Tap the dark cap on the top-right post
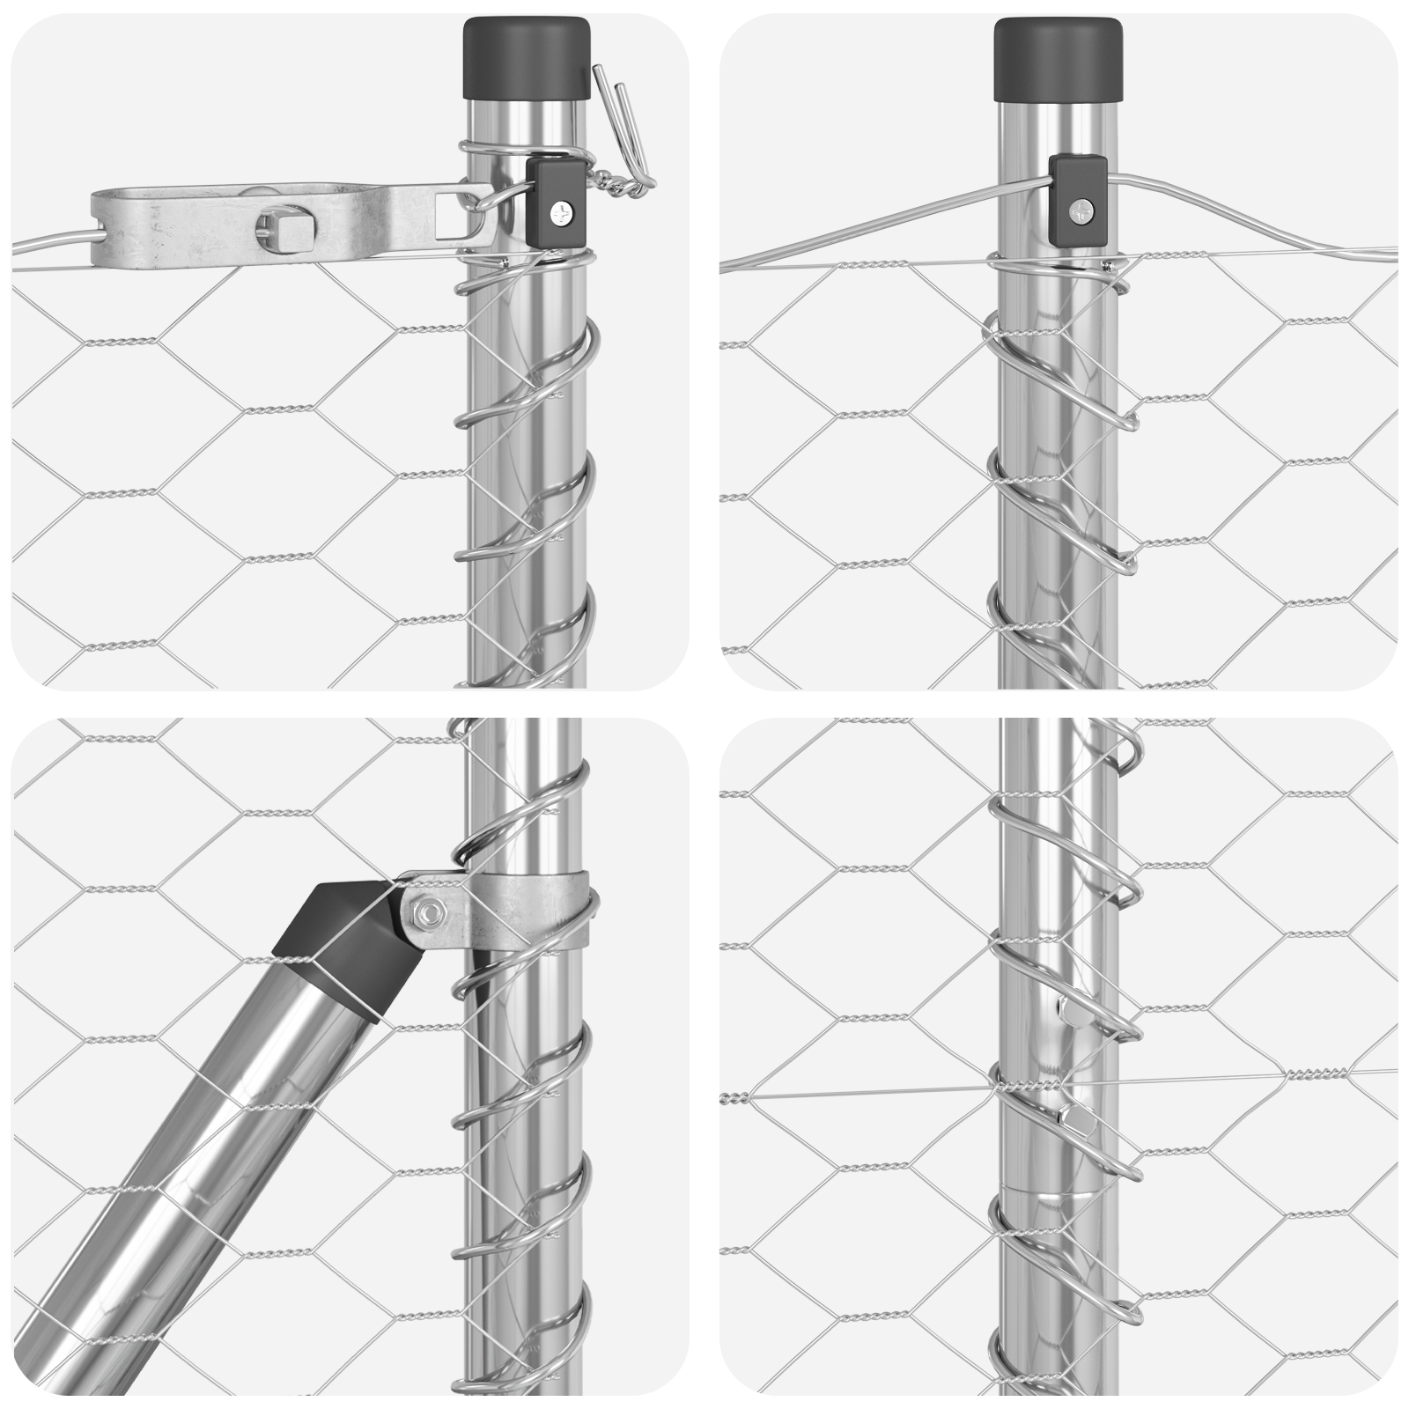1059,58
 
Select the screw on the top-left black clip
561,212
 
